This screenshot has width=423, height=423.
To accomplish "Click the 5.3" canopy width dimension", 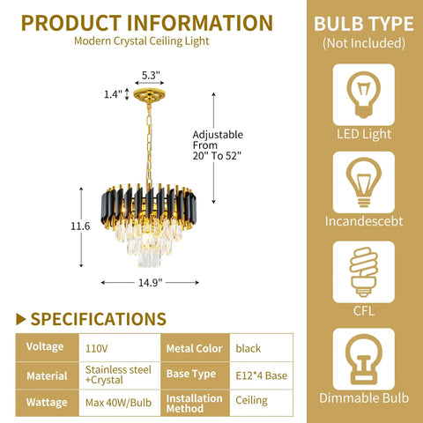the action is coord(151,76).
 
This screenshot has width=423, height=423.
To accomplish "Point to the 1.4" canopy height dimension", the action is coord(113,94).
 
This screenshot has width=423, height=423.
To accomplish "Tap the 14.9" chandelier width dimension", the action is coord(150,283).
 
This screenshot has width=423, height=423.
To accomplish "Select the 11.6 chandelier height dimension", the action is coord(80,226).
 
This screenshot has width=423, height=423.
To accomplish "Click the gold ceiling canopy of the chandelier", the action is coord(149,95).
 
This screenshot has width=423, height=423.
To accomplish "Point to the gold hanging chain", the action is coord(149,144).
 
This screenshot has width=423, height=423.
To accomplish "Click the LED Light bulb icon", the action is coord(364,94).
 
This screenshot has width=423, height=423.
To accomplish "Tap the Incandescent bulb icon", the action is coord(364,182).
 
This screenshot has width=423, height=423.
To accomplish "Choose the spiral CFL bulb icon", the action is coord(364,271).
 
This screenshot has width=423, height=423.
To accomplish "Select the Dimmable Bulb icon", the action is coord(364,359).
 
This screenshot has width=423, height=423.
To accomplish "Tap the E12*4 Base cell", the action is coord(262,375).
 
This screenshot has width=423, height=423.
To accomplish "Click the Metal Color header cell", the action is coord(195,348).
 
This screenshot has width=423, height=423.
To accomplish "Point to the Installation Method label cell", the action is coord(195,403).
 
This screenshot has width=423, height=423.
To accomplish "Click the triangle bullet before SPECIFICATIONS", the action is coord(21,319).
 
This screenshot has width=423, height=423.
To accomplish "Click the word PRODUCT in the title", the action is coord(71,23).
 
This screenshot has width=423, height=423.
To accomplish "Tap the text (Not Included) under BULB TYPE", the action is coord(364,43).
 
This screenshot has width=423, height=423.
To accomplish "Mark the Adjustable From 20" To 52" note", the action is coord(218,145).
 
